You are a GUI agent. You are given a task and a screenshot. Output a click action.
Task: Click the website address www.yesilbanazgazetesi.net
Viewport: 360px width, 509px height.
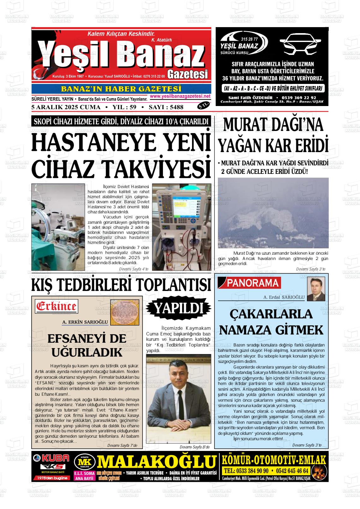coord(180,96)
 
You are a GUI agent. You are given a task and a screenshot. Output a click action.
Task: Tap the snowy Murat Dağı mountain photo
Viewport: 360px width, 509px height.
coord(273,213)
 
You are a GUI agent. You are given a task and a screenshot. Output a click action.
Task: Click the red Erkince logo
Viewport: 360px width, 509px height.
coord(57,306)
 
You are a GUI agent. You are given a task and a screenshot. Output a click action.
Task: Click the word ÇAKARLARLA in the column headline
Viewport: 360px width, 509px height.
coord(271,314)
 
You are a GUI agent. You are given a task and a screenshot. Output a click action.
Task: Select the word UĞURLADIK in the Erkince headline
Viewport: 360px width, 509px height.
coord(87,352)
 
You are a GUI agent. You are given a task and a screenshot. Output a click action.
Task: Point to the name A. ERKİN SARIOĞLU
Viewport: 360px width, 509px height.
coord(85,322)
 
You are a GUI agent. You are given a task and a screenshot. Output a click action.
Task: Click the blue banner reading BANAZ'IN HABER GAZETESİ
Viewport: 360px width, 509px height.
coord(121,89)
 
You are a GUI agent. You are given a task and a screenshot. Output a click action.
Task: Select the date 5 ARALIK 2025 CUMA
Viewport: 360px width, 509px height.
coord(66,107)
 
